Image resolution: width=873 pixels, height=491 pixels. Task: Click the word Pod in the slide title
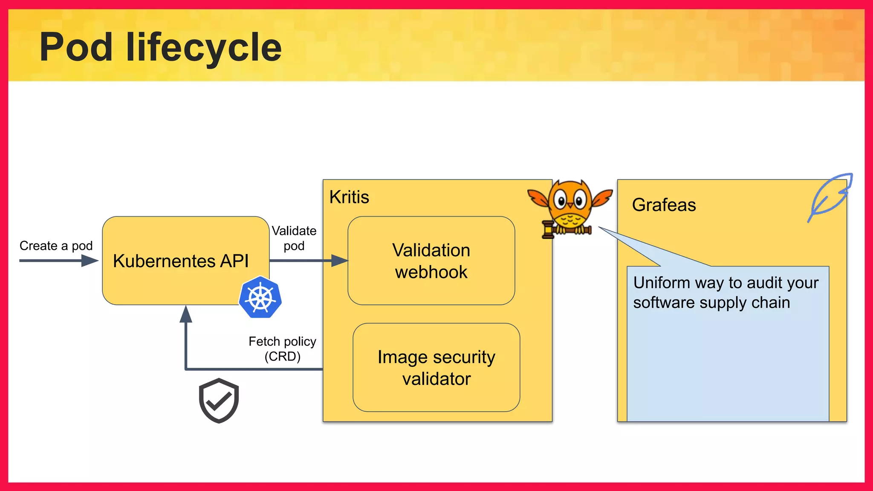click(x=76, y=47)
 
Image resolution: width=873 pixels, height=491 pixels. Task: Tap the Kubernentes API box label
click(x=180, y=261)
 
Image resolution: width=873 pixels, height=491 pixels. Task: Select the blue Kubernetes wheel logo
click(x=260, y=297)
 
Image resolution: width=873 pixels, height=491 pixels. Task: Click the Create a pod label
click(x=56, y=246)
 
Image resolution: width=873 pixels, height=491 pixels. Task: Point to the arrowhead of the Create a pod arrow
click(x=90, y=260)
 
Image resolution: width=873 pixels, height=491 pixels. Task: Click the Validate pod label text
click(x=294, y=238)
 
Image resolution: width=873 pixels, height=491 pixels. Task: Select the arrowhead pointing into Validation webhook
click(x=340, y=260)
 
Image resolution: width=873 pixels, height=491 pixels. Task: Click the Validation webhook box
click(x=431, y=261)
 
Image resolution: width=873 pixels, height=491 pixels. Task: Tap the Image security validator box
click(x=436, y=367)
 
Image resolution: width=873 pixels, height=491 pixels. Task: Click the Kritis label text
click(x=349, y=197)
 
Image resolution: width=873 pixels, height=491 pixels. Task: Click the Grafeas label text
click(x=664, y=205)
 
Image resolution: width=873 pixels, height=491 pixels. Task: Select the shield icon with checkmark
click(x=219, y=400)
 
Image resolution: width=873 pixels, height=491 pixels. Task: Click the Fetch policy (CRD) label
click(x=282, y=349)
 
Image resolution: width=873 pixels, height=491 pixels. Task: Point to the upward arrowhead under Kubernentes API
click(x=186, y=315)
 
